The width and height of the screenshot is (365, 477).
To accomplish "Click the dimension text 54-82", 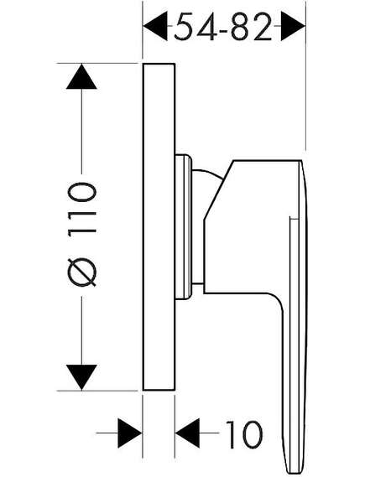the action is pos(223,27).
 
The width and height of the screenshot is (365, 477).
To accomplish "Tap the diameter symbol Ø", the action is pos(81,272).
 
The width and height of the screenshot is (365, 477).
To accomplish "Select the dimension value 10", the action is pos(244,435).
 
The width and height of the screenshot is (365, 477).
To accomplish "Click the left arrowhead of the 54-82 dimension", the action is pos(155,26).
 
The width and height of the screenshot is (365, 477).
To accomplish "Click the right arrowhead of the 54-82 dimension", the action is pos(293,26).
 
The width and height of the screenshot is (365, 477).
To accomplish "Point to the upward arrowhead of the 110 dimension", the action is pos(81,76).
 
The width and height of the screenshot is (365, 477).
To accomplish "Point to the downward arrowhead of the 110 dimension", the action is pos(81,377).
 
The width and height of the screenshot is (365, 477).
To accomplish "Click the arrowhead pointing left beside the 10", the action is pos(187,433).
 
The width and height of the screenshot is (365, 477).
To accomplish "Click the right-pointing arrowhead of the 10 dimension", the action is pos(130,433).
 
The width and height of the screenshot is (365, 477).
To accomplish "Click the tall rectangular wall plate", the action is pos(159,226).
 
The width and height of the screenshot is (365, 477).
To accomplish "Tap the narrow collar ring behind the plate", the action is pos(183,227).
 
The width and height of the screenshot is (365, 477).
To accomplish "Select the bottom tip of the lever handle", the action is pos(293,473).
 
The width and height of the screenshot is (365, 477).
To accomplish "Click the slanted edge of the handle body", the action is pos(218,189).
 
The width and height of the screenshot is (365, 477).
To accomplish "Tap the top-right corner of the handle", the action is pos(302,160).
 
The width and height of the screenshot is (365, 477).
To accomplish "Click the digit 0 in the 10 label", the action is pos(251,435).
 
